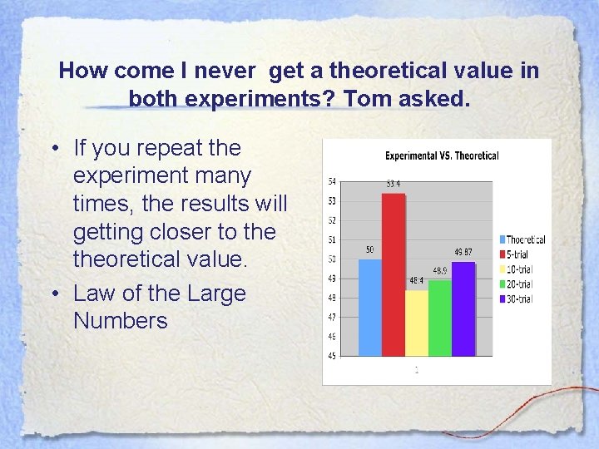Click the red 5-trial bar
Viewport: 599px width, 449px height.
click(394, 274)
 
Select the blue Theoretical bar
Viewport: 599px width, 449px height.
click(370, 308)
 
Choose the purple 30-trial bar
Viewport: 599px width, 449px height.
click(463, 308)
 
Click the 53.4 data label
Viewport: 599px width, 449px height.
click(394, 184)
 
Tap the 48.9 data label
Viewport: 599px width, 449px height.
click(439, 271)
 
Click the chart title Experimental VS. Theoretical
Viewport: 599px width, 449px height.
click(442, 155)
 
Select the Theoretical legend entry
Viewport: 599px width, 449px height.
click(522, 239)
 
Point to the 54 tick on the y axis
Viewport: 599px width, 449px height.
click(332, 181)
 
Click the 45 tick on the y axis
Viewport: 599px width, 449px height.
click(332, 356)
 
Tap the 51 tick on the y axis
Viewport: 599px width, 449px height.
click(332, 239)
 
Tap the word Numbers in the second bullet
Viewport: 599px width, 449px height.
click(121, 320)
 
